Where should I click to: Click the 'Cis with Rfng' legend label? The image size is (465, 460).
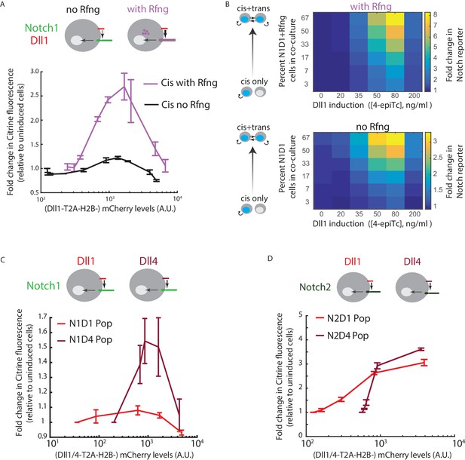pos(189,83)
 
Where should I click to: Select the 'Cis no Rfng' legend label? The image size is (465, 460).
pos(185,105)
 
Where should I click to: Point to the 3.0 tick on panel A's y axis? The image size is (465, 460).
pos(35,72)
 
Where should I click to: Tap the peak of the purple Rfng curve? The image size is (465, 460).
pos(124,87)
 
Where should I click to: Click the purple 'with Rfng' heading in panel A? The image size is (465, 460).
pos(148,9)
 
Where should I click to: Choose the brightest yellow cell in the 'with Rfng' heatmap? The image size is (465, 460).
pos(395,19)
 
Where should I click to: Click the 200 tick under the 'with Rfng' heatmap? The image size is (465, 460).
pos(414,96)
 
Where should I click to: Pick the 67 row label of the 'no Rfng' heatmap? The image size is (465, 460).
pos(305,137)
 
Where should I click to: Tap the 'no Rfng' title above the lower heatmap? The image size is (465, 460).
pos(372,127)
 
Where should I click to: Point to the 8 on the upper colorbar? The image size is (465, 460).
pos(435,14)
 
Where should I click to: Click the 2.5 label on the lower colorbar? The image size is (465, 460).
pos(438,157)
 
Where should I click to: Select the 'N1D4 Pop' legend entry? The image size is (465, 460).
pos(90,339)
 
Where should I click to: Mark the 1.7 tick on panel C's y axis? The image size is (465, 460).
pos(44,317)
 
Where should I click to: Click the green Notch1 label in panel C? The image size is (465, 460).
pos(43,286)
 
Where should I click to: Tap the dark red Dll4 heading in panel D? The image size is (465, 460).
pos(412,262)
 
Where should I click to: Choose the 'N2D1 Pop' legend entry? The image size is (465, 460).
pos(348,318)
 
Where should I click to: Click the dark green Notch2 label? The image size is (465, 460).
pos(315,287)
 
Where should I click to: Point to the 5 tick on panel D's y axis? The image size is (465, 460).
pos(301,314)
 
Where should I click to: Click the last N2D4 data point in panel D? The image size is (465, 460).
pos(421,349)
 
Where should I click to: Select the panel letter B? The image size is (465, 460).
pos(228,5)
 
